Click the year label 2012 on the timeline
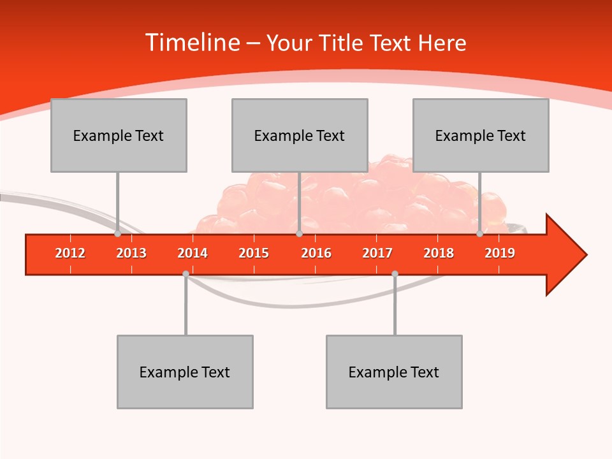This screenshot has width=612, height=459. [x=70, y=253]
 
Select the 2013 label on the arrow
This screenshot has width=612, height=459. [x=131, y=253]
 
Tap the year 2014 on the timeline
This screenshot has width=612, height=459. [x=193, y=253]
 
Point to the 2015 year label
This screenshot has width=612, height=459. [x=254, y=253]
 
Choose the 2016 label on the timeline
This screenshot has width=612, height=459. [x=316, y=253]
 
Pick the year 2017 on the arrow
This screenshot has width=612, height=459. [x=377, y=253]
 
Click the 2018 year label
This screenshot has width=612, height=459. [x=439, y=253]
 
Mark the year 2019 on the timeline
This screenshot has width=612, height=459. [x=500, y=253]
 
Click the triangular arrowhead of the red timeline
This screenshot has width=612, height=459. [x=565, y=254]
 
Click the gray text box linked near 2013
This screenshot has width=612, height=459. [x=119, y=135]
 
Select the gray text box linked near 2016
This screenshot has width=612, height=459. [x=300, y=135]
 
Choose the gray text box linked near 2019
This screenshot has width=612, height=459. [x=481, y=135]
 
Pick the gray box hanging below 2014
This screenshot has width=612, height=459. [x=185, y=372]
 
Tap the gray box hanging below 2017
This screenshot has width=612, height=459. [x=394, y=372]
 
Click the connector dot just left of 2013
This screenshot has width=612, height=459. [x=117, y=234]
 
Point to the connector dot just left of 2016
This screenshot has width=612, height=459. [x=299, y=234]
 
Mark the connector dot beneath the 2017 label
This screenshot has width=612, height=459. [x=395, y=273]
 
